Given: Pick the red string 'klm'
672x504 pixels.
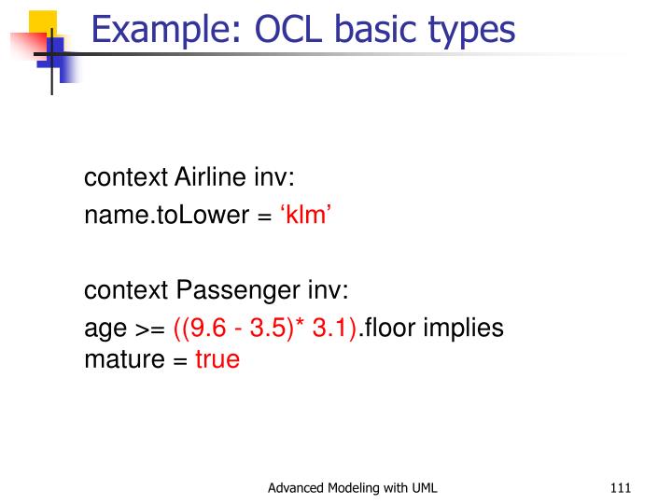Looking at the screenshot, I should click(306, 216).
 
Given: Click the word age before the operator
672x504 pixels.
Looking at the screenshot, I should click(102, 330).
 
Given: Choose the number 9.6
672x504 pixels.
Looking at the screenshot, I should click(205, 329).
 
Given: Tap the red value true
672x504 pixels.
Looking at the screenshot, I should click(217, 359).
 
